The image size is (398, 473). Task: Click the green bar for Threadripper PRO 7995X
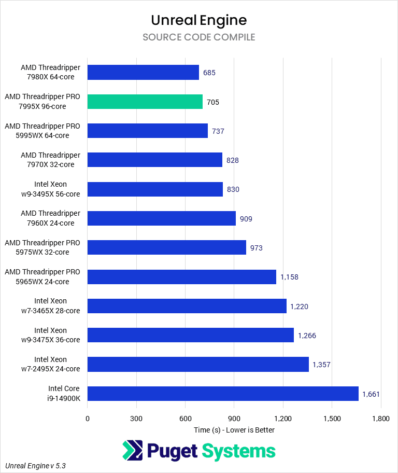tap(145, 102)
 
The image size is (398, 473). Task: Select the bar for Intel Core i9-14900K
tap(223, 394)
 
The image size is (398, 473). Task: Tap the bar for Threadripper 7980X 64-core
tap(143, 73)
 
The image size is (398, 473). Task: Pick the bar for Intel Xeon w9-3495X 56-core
tap(155, 189)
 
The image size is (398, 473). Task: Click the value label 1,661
tap(371, 394)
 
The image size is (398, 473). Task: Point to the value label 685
tap(209, 73)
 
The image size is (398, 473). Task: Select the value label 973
tap(256, 248)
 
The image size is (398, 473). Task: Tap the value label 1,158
tap(289, 277)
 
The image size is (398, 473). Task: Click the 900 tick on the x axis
tap(234, 418)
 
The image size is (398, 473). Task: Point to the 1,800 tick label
tap(381, 418)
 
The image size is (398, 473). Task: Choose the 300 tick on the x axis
tap(136, 418)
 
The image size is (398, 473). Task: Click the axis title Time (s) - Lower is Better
tap(234, 430)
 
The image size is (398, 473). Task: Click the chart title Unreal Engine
tap(199, 20)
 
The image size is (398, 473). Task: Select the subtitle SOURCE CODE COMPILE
tap(199, 37)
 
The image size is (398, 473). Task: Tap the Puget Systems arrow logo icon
tap(133, 450)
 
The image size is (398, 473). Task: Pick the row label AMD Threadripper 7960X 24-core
tap(51, 218)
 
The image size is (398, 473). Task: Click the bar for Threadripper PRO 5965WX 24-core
tap(181, 277)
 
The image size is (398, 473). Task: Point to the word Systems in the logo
tap(238, 451)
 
